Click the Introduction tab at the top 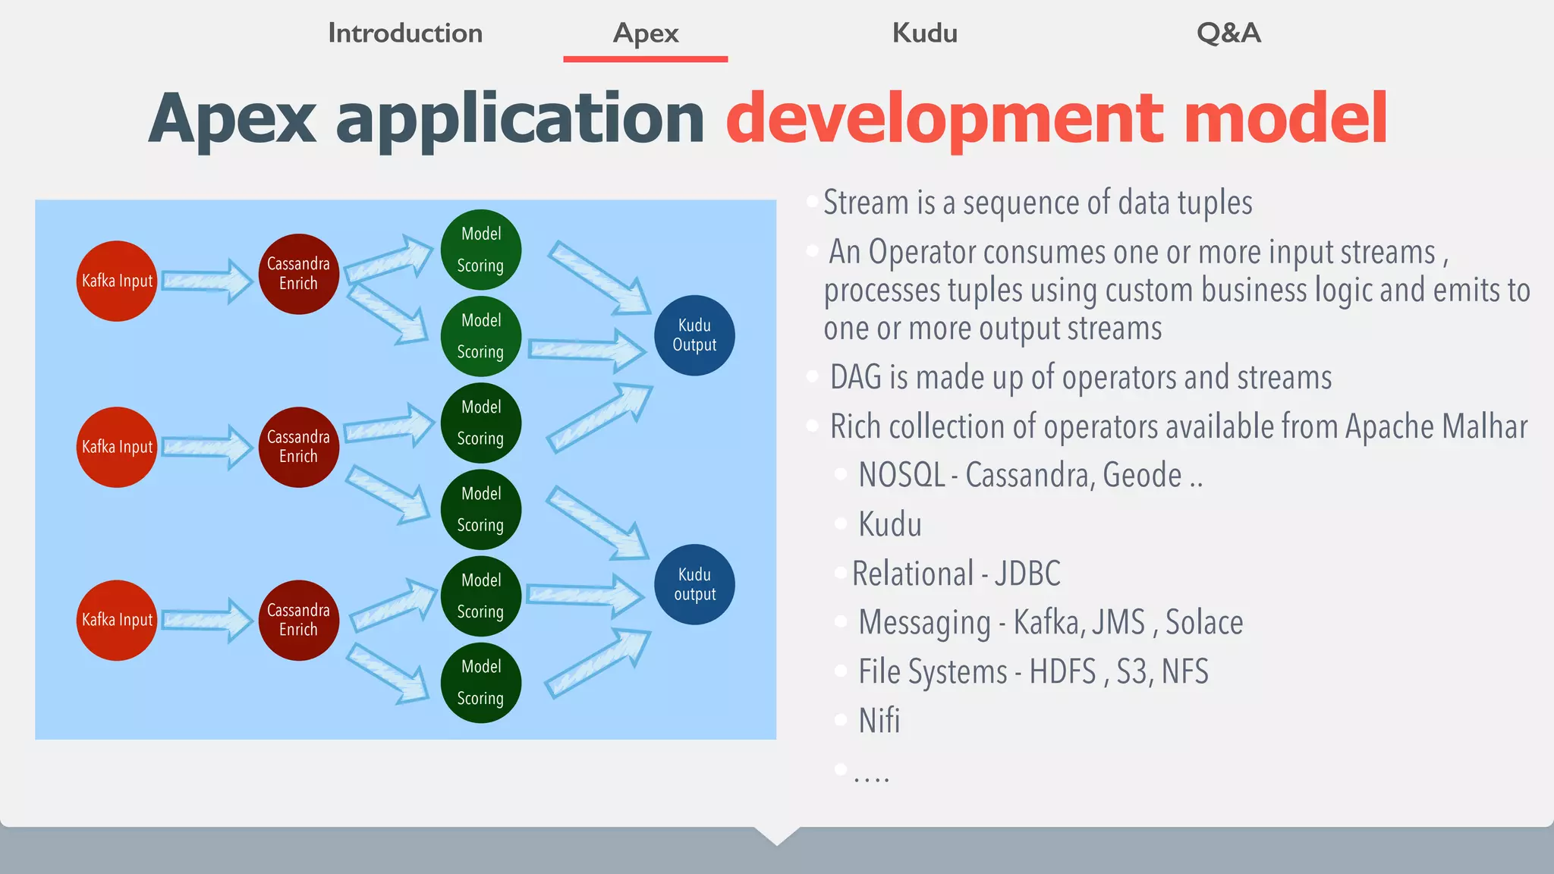[405, 33]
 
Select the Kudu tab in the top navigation [924, 33]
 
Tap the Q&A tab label [1228, 33]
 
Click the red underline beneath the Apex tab [645, 58]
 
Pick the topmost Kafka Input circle [117, 281]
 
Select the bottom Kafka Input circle [117, 621]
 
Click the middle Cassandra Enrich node [298, 447]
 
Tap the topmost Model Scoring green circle [480, 250]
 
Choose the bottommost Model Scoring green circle [480, 683]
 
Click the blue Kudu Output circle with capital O [694, 335]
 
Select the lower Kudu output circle [694, 584]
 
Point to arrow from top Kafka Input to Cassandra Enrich [206, 281]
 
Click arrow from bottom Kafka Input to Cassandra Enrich [206, 621]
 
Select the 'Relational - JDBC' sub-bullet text [956, 574]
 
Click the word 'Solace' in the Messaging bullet [1203, 623]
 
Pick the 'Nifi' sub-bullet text [879, 721]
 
